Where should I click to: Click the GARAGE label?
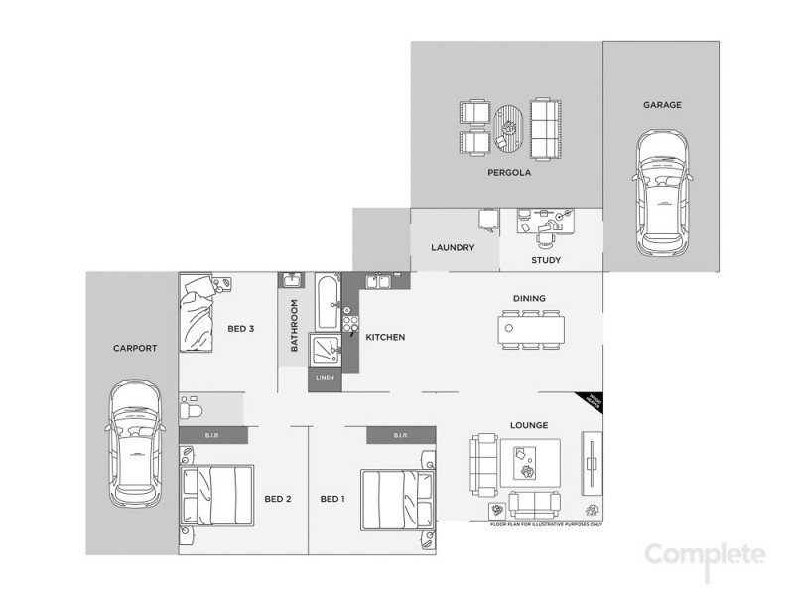tap(662, 104)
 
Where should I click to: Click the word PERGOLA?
tap(509, 172)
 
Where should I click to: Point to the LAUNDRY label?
tap(453, 248)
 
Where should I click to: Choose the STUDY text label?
tap(546, 261)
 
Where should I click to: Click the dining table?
tap(533, 328)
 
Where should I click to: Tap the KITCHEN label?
tap(385, 338)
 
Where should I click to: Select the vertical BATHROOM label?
tap(295, 326)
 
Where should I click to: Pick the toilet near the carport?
tap(193, 408)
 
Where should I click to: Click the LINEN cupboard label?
tap(325, 378)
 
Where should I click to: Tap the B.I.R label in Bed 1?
tap(401, 435)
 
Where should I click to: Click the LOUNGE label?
tap(529, 426)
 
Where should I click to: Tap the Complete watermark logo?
tap(706, 555)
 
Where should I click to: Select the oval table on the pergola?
tap(509, 128)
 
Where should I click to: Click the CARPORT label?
tap(134, 349)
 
